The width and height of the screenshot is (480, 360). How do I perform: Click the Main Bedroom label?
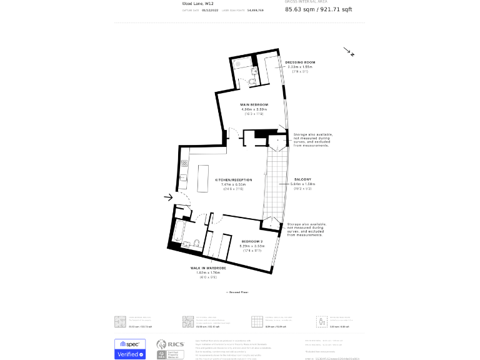254,104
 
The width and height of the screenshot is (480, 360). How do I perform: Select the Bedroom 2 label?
252,241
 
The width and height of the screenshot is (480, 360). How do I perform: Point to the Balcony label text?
302,179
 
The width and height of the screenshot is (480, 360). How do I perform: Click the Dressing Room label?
300,62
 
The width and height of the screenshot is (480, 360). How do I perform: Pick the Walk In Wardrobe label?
208,267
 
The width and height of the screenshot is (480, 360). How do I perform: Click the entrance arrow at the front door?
168,197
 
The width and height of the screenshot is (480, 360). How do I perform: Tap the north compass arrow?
348,51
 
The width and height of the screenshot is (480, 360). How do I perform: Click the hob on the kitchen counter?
185,164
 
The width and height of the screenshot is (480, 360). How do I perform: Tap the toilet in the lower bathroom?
196,243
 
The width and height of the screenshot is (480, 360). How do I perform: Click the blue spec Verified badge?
129,349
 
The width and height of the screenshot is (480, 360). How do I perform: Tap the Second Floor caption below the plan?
236,292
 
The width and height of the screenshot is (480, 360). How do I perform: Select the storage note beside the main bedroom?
312,140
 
